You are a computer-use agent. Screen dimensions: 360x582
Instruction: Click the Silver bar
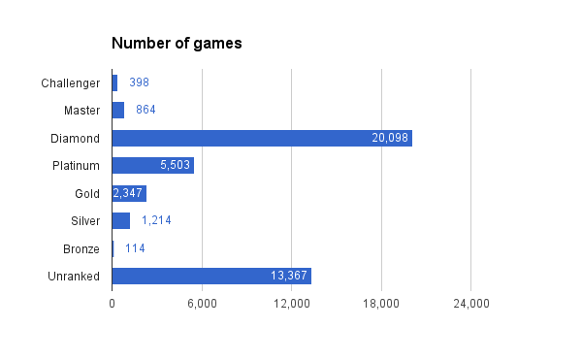120,220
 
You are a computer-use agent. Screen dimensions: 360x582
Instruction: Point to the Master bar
117,110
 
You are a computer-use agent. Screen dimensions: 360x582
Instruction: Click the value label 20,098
390,138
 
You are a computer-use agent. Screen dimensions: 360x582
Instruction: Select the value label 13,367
289,276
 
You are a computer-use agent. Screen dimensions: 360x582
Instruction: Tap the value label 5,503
175,165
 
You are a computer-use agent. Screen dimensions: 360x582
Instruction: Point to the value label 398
139,82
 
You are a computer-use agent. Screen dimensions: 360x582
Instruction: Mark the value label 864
145,110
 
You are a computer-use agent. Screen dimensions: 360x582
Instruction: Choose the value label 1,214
156,220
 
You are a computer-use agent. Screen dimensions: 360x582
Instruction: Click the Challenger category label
70,82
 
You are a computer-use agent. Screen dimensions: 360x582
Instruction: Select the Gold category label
87,193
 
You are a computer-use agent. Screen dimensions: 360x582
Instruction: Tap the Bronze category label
81,248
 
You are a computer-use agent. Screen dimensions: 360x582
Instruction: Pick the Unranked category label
74,276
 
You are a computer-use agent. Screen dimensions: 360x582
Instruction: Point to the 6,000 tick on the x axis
202,305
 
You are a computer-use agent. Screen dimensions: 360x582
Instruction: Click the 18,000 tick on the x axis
381,305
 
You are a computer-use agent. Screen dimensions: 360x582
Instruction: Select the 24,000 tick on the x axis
470,305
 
